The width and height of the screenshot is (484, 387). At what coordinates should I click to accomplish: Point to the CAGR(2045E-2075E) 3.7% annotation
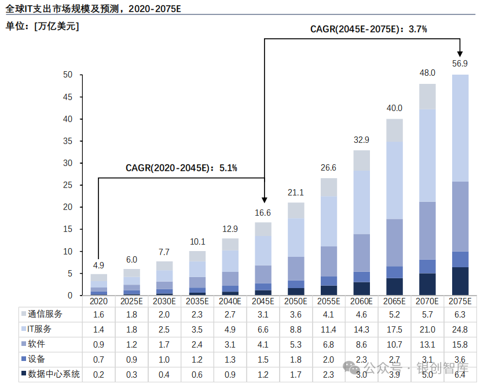click(368, 28)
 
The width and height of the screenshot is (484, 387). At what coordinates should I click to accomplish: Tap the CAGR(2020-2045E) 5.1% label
click(181, 168)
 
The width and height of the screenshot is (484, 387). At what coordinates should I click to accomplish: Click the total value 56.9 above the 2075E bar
click(460, 63)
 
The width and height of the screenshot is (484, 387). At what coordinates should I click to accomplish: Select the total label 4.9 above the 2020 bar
click(98, 266)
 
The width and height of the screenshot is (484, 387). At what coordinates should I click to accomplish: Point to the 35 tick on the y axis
click(68, 141)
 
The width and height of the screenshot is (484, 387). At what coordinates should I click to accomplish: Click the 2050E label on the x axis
click(296, 301)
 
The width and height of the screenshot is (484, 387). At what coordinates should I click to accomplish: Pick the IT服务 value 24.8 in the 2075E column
click(460, 329)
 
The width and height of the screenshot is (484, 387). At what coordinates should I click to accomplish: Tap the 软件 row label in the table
click(36, 344)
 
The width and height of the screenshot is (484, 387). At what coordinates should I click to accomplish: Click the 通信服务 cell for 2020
click(98, 314)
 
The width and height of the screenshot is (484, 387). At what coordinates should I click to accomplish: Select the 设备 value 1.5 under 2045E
click(263, 359)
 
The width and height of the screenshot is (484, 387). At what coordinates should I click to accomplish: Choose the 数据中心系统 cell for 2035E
click(197, 374)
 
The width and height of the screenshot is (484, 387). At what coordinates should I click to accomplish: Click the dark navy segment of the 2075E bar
click(460, 281)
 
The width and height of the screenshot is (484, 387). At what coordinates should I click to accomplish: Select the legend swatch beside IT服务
click(23, 329)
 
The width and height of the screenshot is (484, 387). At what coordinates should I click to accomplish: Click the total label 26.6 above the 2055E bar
click(328, 168)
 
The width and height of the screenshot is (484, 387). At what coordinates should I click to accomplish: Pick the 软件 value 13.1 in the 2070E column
click(427, 344)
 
